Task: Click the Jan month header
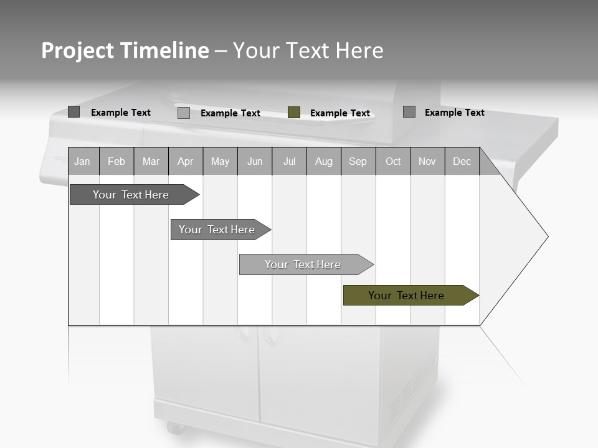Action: coord(82,162)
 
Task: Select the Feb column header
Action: coord(116,162)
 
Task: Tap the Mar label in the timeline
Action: coord(151,162)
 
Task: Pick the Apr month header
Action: coord(185,162)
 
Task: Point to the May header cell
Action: coord(220,162)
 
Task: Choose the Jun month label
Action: coord(255,162)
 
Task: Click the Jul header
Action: coord(289,162)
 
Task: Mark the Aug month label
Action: coord(324,162)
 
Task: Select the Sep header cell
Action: coord(358,162)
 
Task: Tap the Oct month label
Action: coord(393,162)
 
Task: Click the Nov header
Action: coord(427,162)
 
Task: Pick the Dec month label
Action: coord(462,162)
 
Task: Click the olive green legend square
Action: coord(294,113)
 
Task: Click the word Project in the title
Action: coord(78,50)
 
